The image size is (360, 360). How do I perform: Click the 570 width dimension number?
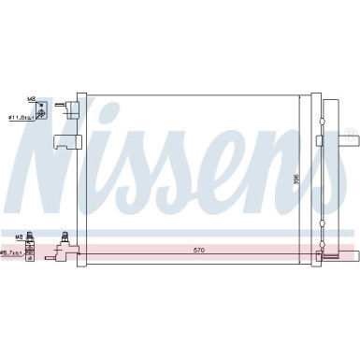pyautogui.click(x=194, y=250)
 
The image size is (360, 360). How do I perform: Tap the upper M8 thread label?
pyautogui.click(x=31, y=98)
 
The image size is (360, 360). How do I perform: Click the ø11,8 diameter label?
pyautogui.click(x=20, y=118)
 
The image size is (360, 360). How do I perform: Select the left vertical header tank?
pyautogui.click(x=81, y=178)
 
